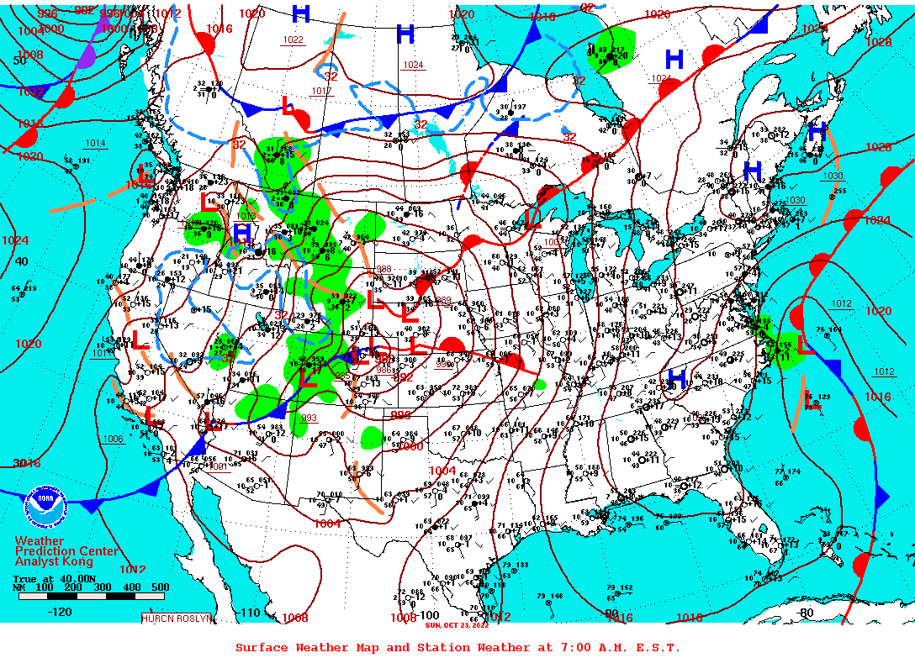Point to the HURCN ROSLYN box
[177, 619]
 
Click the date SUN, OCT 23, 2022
[457, 625]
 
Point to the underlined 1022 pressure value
[294, 40]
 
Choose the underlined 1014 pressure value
[94, 144]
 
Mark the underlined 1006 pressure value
[113, 439]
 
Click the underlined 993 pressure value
[309, 418]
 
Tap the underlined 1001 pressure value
[219, 466]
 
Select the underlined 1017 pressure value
[321, 91]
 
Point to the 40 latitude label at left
[22, 261]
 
